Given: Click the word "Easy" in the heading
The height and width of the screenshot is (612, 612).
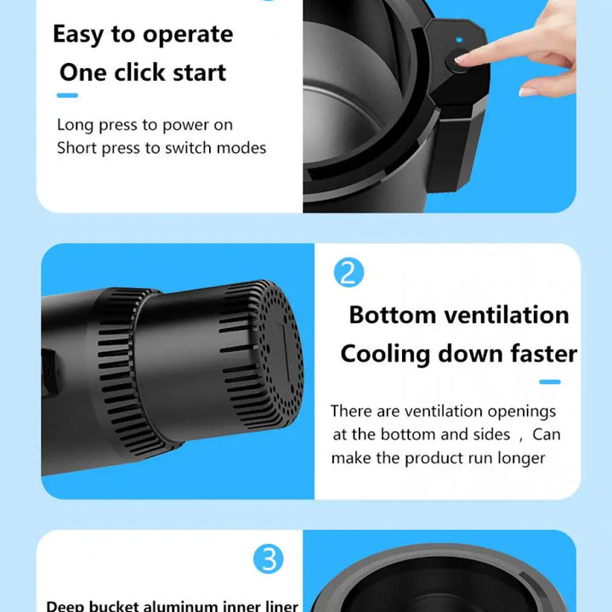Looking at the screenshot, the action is [78, 35].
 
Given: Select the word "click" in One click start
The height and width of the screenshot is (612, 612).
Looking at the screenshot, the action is [139, 72].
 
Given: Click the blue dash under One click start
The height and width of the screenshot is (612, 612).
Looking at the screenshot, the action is [67, 95].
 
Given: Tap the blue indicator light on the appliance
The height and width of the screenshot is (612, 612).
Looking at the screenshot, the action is [459, 40].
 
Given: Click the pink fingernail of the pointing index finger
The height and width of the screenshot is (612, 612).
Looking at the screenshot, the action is [462, 58].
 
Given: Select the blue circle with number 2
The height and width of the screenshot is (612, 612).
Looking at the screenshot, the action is [348, 273].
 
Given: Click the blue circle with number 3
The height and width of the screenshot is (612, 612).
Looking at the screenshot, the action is [268, 559].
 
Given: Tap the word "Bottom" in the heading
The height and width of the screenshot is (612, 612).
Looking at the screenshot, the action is [392, 315].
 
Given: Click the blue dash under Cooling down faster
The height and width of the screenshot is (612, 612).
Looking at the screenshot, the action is [550, 382].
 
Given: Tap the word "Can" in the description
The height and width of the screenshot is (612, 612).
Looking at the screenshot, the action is [547, 434].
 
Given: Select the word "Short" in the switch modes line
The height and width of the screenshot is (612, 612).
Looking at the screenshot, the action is [76, 148].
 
